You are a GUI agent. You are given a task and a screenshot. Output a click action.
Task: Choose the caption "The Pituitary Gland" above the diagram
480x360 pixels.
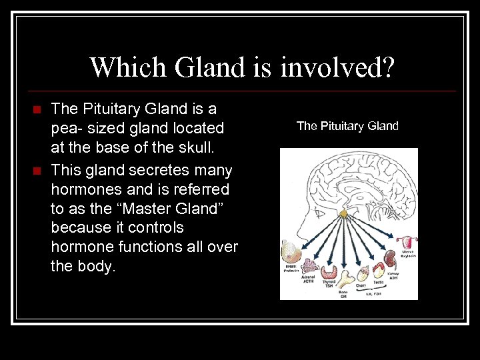point(347,125)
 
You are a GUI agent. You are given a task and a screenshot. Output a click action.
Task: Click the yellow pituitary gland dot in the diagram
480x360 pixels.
point(344,213)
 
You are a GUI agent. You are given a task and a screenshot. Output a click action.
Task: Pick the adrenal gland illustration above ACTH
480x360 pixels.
point(309,266)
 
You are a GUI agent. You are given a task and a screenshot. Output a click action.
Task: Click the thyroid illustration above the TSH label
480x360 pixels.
point(329,270)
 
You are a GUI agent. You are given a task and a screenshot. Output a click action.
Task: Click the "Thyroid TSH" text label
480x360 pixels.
point(329,284)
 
